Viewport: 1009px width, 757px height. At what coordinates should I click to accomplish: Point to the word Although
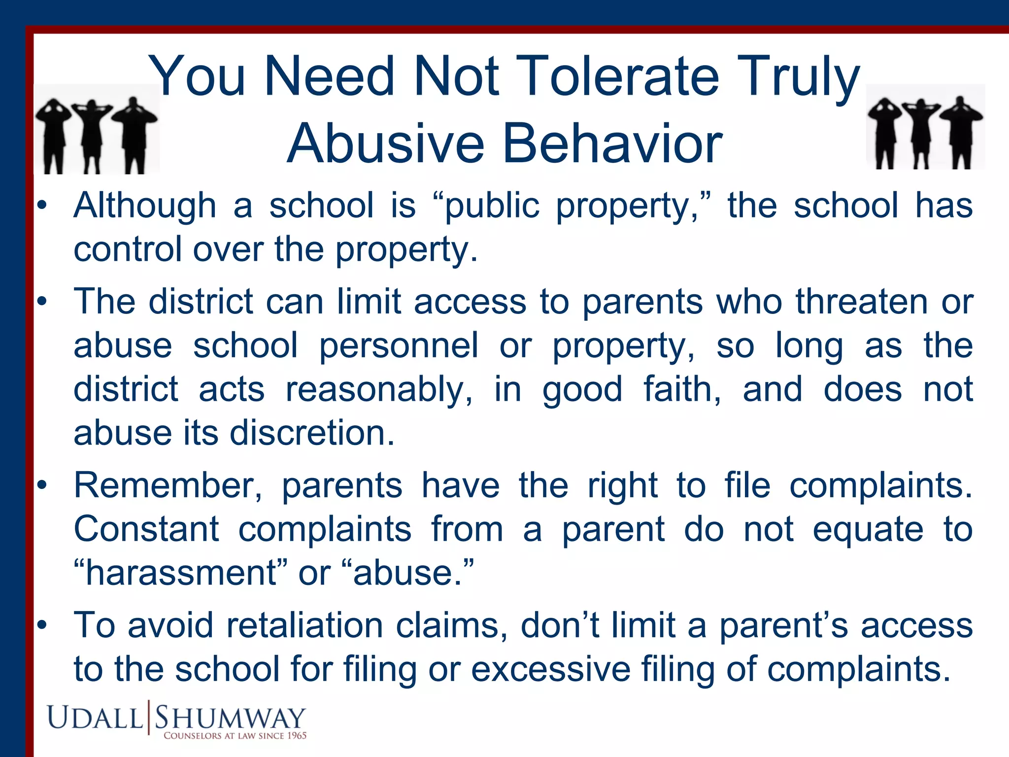tap(145, 206)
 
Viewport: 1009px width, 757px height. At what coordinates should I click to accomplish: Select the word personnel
tap(399, 345)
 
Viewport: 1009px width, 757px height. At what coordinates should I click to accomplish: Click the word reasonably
tap(379, 389)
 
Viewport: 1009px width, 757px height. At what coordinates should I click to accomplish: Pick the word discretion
tap(312, 433)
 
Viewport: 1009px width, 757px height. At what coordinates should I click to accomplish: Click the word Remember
tap(168, 485)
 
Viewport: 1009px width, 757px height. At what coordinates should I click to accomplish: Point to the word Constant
tap(146, 529)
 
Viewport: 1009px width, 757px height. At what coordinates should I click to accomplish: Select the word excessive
tap(550, 669)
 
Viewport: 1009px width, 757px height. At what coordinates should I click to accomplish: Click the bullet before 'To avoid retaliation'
tap(43, 625)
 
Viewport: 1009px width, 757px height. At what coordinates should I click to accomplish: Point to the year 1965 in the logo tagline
tap(297, 736)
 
